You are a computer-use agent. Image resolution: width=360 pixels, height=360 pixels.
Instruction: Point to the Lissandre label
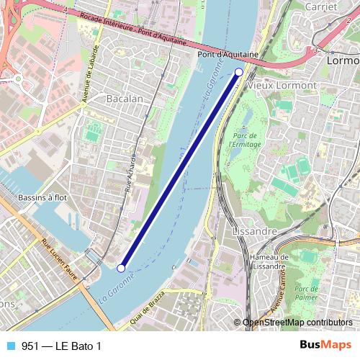pos(256,231)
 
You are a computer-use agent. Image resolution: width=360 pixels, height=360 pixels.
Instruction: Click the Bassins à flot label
pos(42,196)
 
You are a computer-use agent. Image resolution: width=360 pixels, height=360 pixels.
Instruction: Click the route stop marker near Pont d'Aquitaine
pos(239,71)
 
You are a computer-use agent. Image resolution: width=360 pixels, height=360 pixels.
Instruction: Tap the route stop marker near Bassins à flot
pos(121,268)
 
